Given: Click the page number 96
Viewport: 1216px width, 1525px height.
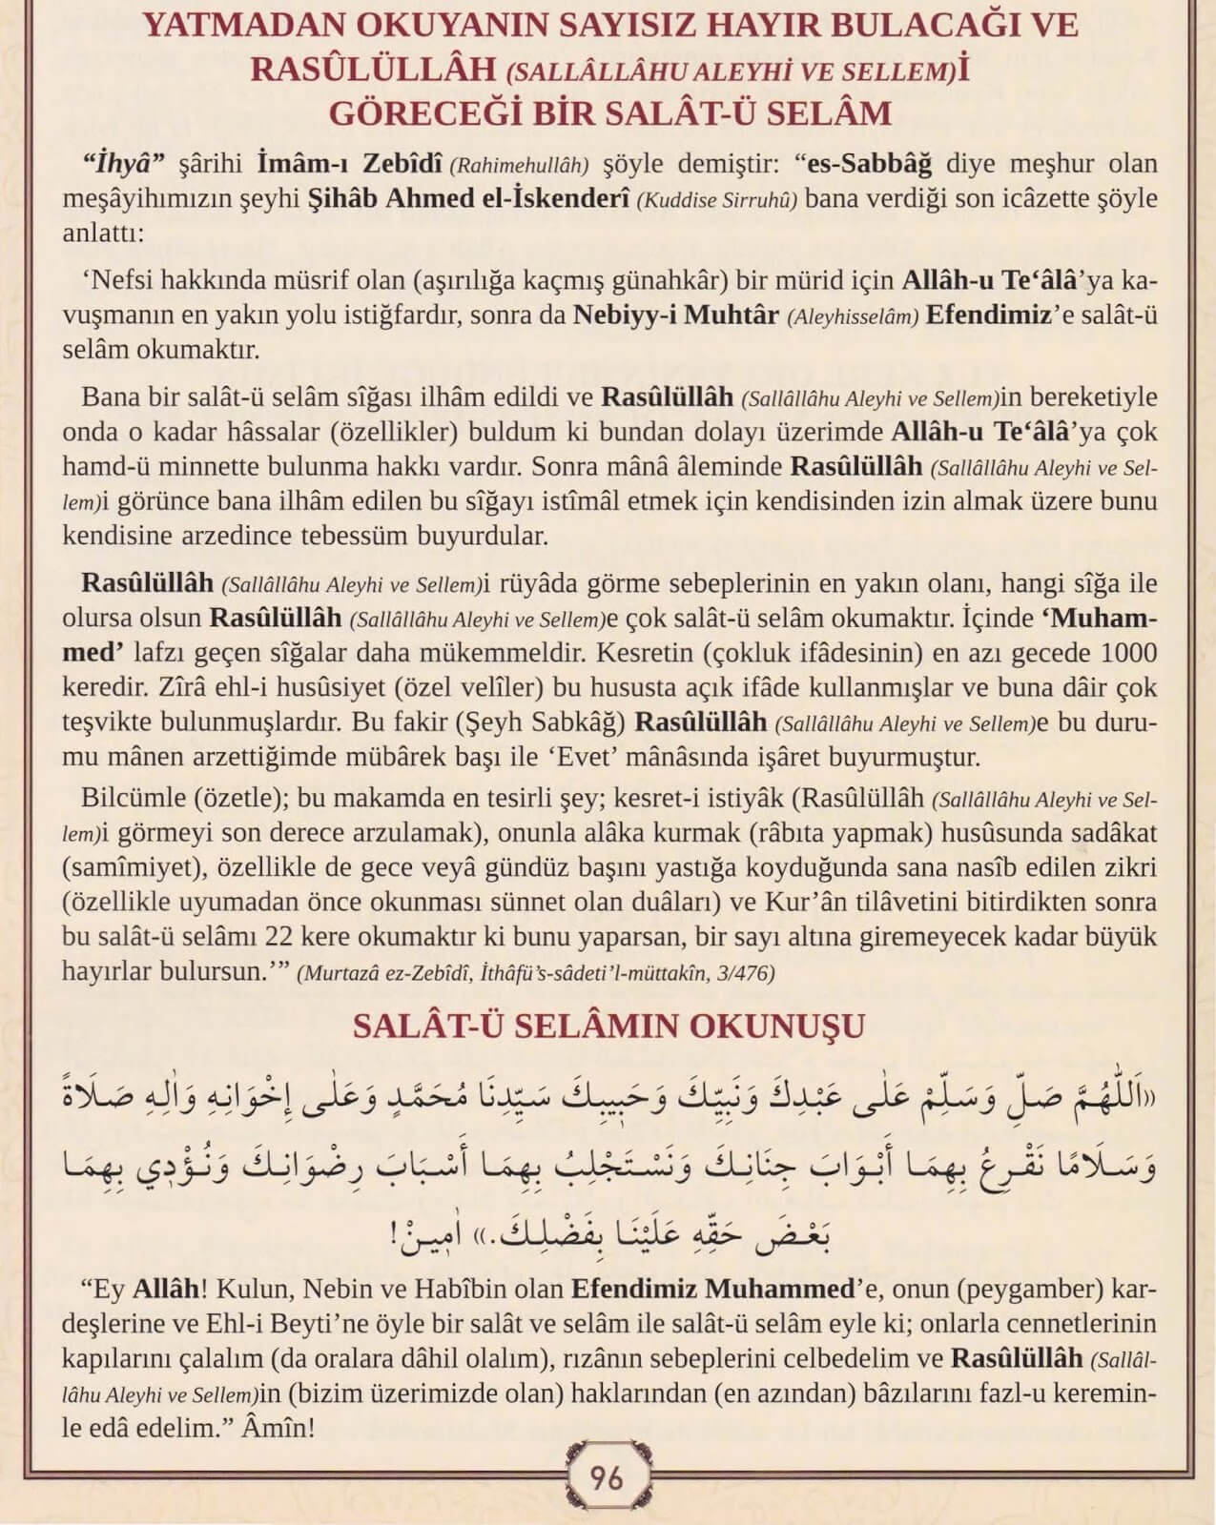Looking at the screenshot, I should point(607,1478).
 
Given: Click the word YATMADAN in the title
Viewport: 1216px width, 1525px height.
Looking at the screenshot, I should point(247,26).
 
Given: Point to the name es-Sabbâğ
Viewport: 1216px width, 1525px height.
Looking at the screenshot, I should point(871,163).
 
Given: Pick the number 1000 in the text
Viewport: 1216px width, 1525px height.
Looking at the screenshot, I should point(1128,654).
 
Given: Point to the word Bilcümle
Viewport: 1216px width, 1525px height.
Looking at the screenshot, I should point(134,797).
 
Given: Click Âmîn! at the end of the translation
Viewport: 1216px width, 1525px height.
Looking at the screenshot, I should point(279,1429).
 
